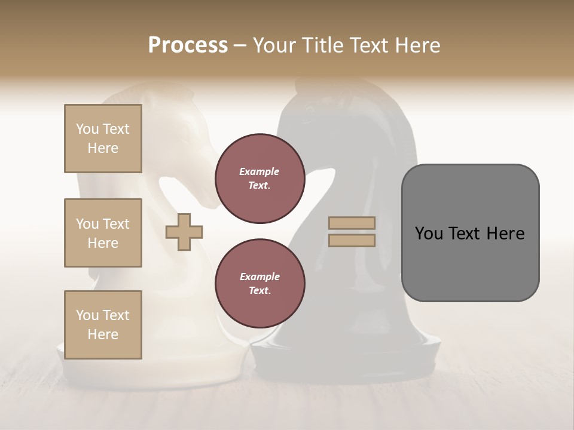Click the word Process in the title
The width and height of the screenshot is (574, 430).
coord(188,45)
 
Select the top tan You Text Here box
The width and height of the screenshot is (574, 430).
coord(103,139)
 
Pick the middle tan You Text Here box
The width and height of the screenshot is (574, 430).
coord(103,233)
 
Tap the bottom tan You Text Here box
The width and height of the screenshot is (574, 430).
coord(103,324)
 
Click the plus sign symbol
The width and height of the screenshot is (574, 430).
coord(184,232)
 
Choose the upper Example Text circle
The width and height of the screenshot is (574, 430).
coord(259,179)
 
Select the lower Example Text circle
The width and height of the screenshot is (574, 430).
coord(259,284)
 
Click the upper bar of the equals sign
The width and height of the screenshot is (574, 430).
coord(352,223)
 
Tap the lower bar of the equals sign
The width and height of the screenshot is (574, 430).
coord(352,241)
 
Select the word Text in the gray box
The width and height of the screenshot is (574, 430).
coord(463,234)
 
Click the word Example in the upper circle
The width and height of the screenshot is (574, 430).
coord(259,171)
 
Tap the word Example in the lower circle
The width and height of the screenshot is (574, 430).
coord(259,277)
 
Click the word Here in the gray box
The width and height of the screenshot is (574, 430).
coord(505,234)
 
